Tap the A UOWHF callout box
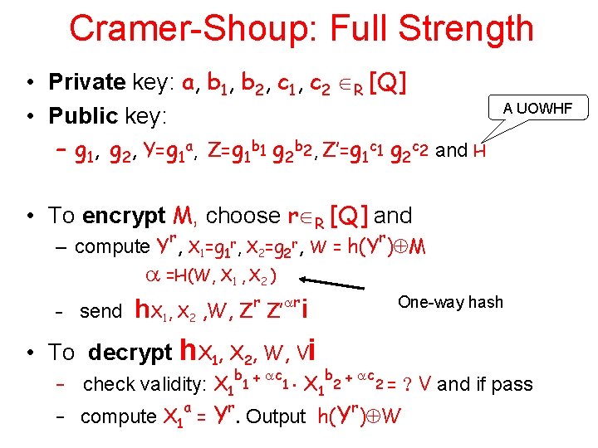544,107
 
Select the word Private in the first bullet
86,82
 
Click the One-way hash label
450,302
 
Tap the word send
100,311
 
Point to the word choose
243,216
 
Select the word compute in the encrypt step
111,247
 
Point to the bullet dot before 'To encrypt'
29,217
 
